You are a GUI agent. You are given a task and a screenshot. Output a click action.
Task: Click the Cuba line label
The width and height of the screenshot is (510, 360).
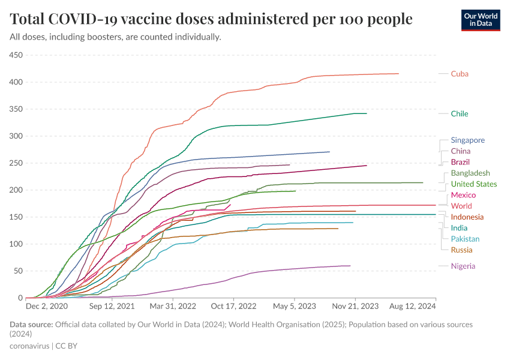pos(460,74)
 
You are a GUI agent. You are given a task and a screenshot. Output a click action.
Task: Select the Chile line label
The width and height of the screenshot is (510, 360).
pos(460,113)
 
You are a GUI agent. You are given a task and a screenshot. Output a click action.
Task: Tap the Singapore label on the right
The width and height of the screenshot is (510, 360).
pos(467,140)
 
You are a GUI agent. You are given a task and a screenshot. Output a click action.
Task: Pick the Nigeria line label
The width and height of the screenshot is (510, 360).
pos(463,266)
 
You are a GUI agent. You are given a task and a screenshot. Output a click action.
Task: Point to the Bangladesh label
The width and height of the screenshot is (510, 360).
pos(470,173)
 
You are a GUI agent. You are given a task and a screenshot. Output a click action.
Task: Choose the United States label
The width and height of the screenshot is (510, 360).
pos(474,184)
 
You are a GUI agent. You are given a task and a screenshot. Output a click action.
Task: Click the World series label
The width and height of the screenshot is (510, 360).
pos(461,206)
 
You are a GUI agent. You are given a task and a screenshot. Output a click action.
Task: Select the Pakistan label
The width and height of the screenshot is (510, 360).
pos(466,239)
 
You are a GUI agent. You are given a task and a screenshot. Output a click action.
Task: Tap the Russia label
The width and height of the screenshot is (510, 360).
pos(461,250)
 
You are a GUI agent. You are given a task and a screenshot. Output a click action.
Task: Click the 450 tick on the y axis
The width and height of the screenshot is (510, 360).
pos(16,55)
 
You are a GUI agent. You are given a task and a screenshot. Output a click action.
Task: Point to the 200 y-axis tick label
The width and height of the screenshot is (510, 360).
pos(16,190)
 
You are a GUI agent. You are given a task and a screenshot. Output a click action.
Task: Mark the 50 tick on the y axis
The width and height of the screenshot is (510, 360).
pos(17,271)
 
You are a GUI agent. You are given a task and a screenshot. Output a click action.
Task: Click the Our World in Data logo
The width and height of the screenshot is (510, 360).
pos(480,20)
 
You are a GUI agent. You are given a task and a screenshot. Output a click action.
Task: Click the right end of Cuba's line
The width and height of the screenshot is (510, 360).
pos(398,74)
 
